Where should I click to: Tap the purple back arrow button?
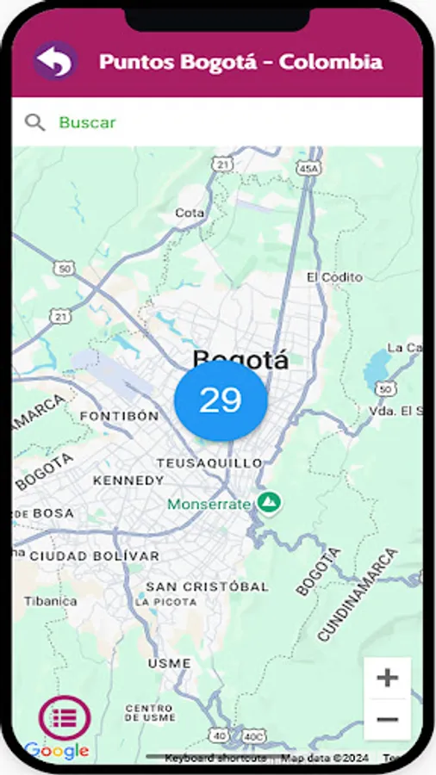tap(55, 61)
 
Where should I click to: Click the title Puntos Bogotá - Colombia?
tap(240, 62)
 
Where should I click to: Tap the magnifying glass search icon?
tap(34, 122)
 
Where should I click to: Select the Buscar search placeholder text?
tap(87, 122)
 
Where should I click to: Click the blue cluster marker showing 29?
tap(221, 400)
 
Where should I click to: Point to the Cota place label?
tap(190, 213)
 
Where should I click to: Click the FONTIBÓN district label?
tap(119, 416)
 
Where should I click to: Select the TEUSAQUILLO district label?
tap(202, 462)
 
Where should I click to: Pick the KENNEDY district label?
tap(128, 480)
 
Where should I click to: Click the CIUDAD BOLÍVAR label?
tap(94, 556)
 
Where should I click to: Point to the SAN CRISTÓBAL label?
tap(207, 586)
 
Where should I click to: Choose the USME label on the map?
tap(169, 664)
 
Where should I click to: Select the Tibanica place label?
tap(45, 601)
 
